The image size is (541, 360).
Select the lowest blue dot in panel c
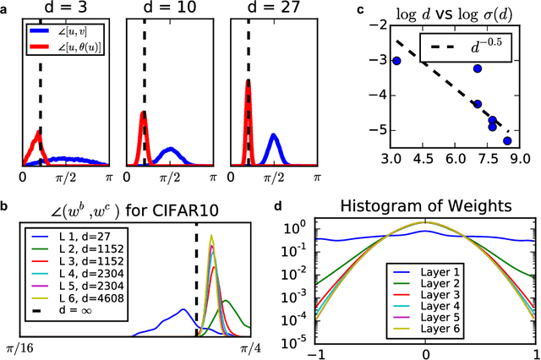point(507,140)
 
